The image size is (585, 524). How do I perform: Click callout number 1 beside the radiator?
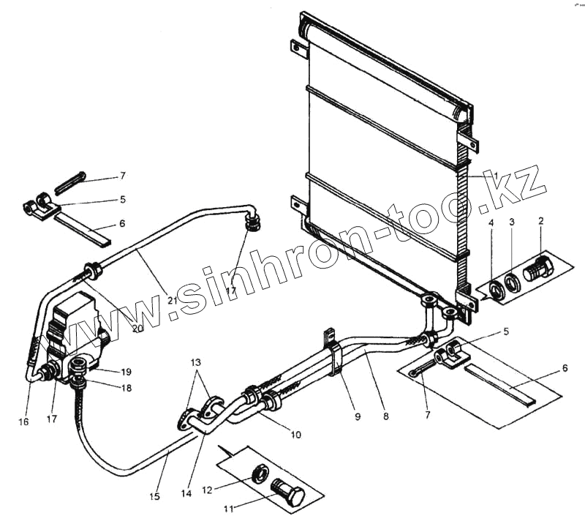[x=495, y=176]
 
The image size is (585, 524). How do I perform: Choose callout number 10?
[x=295, y=435]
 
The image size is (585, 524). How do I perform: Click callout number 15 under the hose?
[x=154, y=497]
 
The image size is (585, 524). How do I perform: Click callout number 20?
[x=137, y=328]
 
